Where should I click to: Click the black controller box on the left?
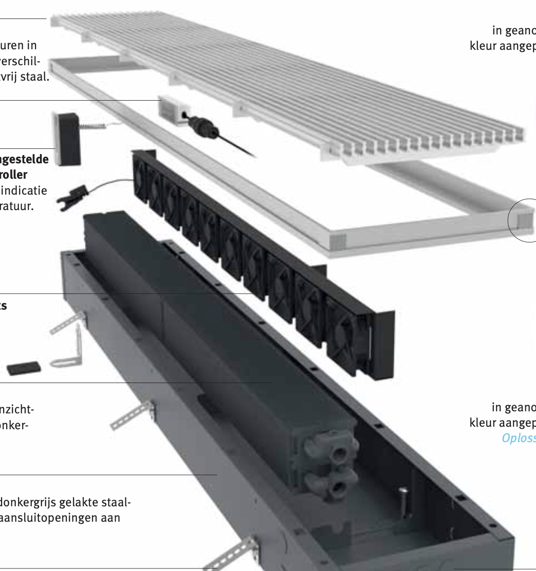tap(67, 139)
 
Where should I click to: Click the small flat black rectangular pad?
tap(23, 368)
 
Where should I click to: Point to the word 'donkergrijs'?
tap(28, 501)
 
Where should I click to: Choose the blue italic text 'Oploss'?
tap(519, 439)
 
